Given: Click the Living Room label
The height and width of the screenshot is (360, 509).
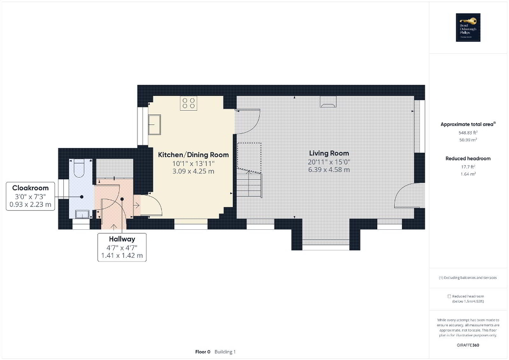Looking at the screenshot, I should point(329,153).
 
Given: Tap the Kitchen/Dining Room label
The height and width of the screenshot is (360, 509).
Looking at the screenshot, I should point(193,155).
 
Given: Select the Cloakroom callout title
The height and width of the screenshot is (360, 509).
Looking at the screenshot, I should point(31,188).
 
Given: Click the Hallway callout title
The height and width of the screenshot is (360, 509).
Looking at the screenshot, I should point(122,239).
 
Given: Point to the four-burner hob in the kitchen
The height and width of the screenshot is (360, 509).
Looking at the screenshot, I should point(189,104).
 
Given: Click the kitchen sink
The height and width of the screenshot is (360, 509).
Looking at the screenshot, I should point(156,125).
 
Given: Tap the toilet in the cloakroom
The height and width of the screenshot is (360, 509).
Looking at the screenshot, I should point(79,168).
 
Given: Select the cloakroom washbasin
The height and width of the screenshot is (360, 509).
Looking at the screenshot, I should point(82,213).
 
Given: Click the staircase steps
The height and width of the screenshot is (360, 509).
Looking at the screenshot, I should point(249,184).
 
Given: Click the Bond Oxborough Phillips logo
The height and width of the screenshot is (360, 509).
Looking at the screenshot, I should point(468,27).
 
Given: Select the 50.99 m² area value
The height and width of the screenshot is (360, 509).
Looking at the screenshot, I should point(468,140).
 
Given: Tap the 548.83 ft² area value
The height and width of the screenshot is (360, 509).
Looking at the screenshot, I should point(468,133).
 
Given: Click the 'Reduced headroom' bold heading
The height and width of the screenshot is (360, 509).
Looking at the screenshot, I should point(468,159).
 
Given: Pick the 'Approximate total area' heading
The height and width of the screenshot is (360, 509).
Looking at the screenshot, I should point(468,124).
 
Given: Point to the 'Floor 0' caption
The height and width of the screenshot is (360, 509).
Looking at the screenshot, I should point(203,352).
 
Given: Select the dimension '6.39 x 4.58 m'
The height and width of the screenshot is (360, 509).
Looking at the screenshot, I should point(329,170).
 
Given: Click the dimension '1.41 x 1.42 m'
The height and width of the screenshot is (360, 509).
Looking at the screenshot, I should point(122,256).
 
